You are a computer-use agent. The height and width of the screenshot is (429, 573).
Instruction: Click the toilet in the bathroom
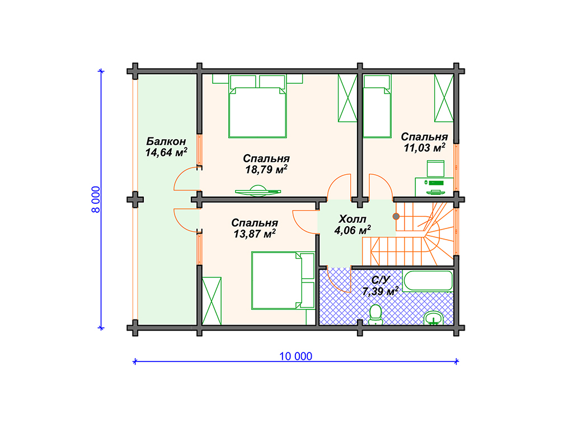(x=375, y=315)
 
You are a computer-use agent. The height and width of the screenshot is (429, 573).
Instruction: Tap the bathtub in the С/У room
(x=428, y=280)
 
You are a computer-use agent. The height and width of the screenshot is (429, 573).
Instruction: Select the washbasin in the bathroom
(x=434, y=318)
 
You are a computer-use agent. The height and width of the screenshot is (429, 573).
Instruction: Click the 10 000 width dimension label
(x=295, y=356)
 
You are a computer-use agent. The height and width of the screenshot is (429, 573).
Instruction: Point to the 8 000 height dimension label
(x=95, y=199)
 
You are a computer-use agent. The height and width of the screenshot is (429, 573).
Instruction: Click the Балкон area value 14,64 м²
(x=166, y=152)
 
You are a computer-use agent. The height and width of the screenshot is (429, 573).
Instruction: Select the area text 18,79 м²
(x=266, y=169)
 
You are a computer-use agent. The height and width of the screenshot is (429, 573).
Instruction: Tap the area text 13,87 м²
(x=255, y=233)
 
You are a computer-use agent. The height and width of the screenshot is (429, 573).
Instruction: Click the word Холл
(x=353, y=219)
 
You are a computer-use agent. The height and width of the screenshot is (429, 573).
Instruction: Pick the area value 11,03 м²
(x=424, y=147)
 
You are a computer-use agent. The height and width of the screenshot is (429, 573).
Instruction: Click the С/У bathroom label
(x=381, y=280)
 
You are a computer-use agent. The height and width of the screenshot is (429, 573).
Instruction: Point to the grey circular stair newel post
(x=396, y=216)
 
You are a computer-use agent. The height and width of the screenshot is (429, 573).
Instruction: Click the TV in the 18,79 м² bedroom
(x=258, y=191)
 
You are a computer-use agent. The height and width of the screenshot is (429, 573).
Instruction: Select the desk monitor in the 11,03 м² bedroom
(x=435, y=169)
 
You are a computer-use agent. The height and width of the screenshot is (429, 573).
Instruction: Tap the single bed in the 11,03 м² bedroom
(x=377, y=106)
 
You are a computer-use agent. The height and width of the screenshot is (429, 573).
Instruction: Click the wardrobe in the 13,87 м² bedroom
(x=212, y=301)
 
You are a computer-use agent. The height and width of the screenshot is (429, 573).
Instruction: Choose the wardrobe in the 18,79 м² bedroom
(x=347, y=98)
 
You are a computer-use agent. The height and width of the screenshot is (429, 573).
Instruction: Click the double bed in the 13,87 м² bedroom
(x=283, y=280)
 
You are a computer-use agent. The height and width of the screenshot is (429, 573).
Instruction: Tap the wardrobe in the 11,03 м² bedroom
(x=444, y=98)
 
